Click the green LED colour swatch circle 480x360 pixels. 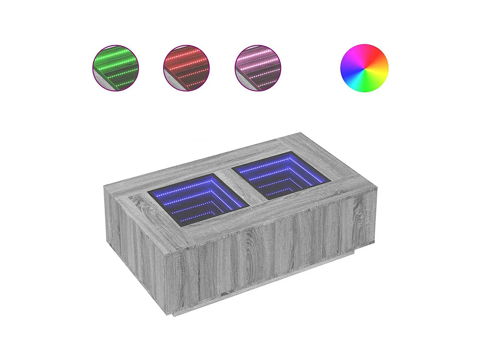coord(115,68)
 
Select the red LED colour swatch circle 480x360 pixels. coord(186,68)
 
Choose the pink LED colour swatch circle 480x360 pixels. coord(258,68)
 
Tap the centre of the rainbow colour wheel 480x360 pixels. coord(364,68)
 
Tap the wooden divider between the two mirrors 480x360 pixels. coord(240,187)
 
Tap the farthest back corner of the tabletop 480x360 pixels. coord(300,133)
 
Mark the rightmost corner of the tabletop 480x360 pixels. coord(377,187)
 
